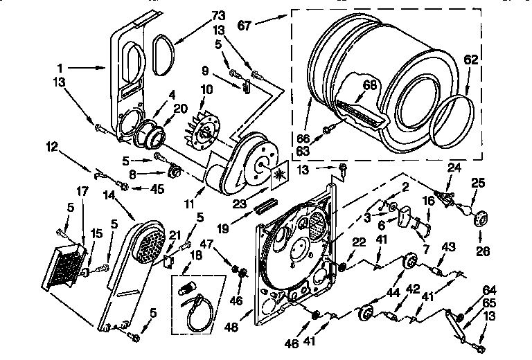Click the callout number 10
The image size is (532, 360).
click(206, 91)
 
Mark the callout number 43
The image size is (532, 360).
click(449, 247)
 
